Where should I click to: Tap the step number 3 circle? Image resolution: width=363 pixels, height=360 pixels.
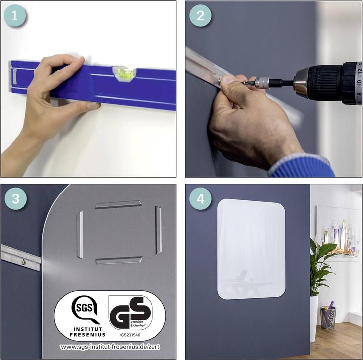[x=15, y=198]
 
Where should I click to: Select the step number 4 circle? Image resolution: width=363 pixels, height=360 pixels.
[x=200, y=198]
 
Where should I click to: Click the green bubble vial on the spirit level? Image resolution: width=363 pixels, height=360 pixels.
[x=124, y=75]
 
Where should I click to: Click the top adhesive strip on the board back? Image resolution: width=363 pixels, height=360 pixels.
[x=118, y=204]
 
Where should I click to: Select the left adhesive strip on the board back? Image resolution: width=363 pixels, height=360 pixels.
[x=80, y=235]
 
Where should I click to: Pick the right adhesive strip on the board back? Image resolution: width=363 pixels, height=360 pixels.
[x=158, y=230]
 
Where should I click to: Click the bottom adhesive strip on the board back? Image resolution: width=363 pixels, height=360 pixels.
[x=118, y=260]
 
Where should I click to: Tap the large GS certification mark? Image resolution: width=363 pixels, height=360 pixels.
[x=130, y=312]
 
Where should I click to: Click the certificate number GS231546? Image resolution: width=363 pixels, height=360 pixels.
[x=130, y=334]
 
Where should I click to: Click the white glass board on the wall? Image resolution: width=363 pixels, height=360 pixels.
[x=251, y=249]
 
